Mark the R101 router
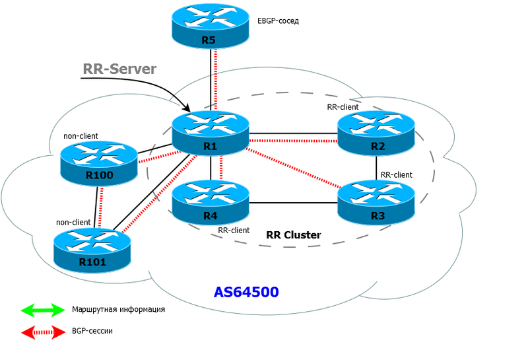(x=92, y=248)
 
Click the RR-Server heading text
(x=119, y=69)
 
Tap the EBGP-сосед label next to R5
(x=278, y=21)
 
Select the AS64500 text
(x=246, y=291)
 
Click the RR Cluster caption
(x=293, y=234)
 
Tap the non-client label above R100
(x=81, y=136)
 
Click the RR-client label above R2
(x=343, y=106)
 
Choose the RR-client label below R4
(x=234, y=231)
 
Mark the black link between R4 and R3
(x=294, y=202)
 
